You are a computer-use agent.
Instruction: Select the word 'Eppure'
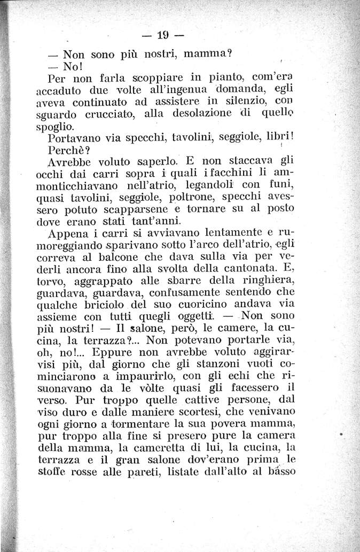pyautogui.click(x=108, y=354)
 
